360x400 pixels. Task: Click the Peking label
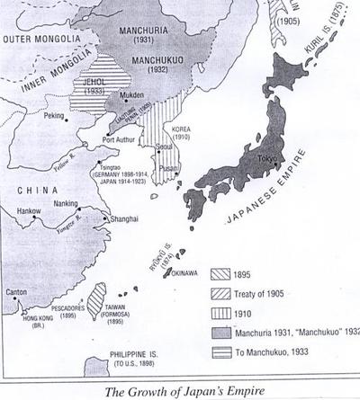(56, 116)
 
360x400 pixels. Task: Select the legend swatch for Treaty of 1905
(222, 293)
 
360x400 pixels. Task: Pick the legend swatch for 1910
(222, 313)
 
